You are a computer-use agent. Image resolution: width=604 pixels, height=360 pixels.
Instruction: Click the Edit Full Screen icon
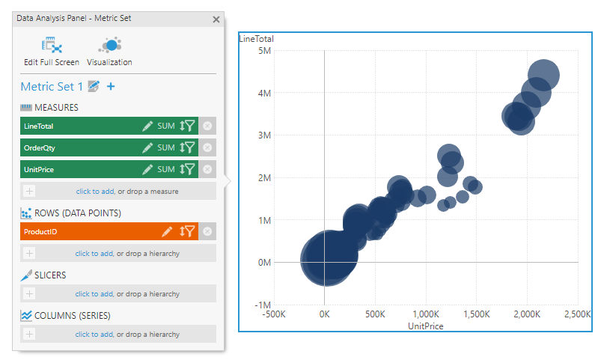click(51, 46)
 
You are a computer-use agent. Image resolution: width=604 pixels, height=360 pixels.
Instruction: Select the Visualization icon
click(109, 46)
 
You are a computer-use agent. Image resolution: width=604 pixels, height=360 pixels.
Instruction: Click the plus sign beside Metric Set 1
click(111, 87)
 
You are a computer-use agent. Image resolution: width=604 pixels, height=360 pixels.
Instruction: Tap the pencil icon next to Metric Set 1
click(94, 87)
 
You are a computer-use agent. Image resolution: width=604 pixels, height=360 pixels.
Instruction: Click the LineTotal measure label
click(39, 126)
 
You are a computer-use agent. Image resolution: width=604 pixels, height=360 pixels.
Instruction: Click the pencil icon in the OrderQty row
click(147, 148)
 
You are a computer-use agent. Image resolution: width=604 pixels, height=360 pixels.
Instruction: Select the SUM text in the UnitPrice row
click(165, 169)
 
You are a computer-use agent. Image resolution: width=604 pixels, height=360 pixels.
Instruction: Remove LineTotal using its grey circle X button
click(207, 126)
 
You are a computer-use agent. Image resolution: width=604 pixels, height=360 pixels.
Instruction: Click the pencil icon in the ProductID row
click(166, 232)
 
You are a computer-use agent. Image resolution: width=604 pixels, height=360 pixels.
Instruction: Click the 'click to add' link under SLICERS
click(94, 294)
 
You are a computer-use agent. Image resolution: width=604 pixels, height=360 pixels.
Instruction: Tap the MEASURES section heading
click(56, 108)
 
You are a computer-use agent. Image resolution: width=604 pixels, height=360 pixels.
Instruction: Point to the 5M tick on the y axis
click(263, 50)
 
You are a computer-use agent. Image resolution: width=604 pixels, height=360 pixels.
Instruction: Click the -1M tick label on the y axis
click(261, 305)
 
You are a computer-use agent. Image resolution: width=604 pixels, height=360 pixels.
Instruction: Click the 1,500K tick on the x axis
click(476, 314)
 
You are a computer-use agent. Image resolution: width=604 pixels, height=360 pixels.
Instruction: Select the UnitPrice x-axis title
click(426, 326)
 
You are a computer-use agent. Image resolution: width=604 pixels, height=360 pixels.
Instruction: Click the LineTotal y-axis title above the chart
click(256, 39)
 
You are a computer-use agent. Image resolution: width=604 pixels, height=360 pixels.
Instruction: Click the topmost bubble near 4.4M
click(544, 74)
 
